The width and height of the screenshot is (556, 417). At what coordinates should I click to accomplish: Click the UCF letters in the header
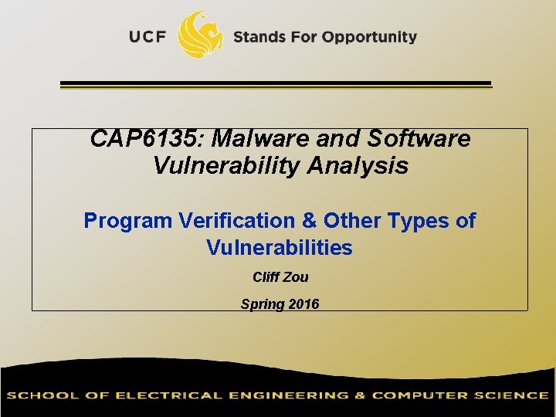(148, 36)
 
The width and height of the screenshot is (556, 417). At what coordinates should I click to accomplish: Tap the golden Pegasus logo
(200, 34)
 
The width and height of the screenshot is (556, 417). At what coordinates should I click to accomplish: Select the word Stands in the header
(259, 36)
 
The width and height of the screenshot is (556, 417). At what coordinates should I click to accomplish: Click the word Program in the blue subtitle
(128, 221)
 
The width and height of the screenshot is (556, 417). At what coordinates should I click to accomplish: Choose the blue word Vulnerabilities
(280, 248)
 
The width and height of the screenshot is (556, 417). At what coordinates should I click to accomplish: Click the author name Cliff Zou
(280, 277)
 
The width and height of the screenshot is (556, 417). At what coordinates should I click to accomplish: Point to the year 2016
(303, 304)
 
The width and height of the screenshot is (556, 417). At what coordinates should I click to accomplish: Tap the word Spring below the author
(261, 304)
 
